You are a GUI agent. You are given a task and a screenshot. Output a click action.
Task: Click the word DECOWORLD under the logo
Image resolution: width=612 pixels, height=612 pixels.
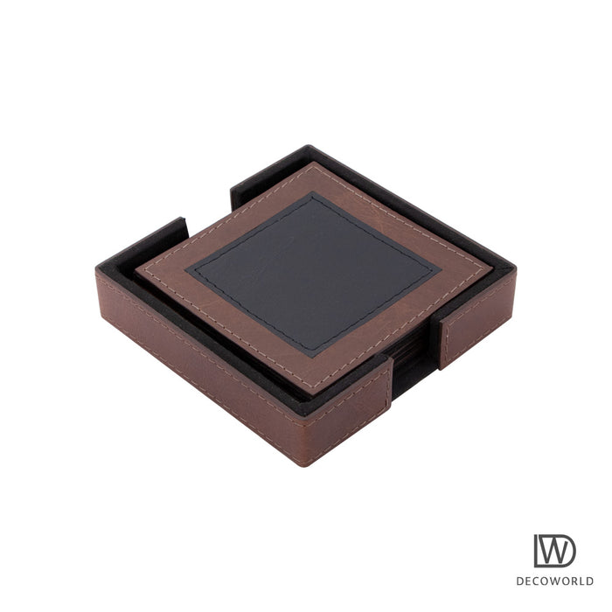coord(554,581)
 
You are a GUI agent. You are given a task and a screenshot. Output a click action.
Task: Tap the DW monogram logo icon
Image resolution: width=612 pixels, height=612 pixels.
coord(554,551)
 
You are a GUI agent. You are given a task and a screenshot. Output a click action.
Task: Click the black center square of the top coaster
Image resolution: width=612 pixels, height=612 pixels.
coord(313,275)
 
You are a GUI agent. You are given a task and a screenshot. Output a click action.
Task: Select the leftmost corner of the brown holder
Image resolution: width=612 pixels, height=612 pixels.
coord(97,269)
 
